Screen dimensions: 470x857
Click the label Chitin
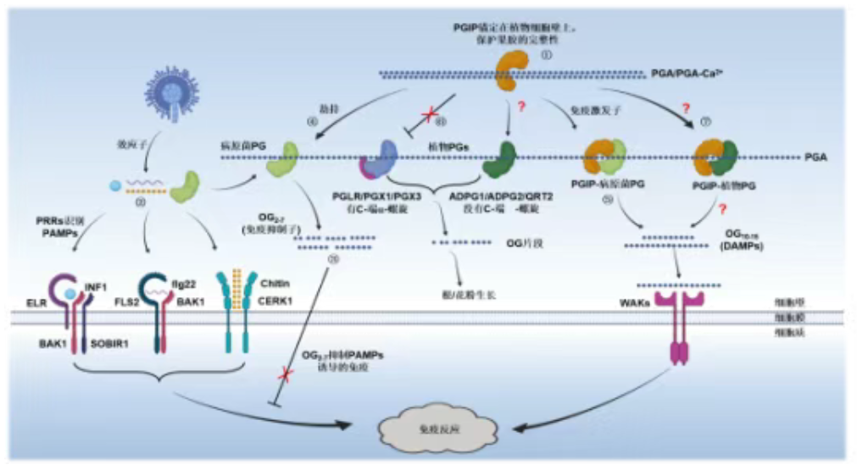(x=269, y=285)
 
